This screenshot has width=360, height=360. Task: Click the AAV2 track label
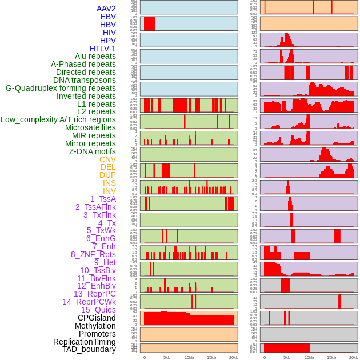(x=106, y=9)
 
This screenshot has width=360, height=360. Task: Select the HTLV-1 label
(x=103, y=49)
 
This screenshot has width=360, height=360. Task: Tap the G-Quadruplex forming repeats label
(x=61, y=88)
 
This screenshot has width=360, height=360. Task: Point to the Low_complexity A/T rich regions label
(x=58, y=119)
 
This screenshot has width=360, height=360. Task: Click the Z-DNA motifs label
(x=93, y=151)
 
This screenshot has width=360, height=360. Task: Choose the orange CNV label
(x=107, y=159)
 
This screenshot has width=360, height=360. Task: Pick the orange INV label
(x=109, y=191)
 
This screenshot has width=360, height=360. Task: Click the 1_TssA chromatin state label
(x=103, y=199)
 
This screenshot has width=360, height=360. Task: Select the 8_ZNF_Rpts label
(x=93, y=254)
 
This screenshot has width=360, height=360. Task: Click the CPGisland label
(x=97, y=318)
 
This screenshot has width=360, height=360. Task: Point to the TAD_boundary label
(x=89, y=349)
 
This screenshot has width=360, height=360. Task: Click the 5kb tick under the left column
(x=166, y=357)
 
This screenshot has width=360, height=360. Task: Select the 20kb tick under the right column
(x=354, y=357)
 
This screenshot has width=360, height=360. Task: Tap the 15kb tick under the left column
(x=211, y=357)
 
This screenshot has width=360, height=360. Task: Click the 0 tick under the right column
(x=264, y=357)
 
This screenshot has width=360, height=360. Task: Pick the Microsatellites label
(x=90, y=127)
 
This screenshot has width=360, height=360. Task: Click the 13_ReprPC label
(x=95, y=294)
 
